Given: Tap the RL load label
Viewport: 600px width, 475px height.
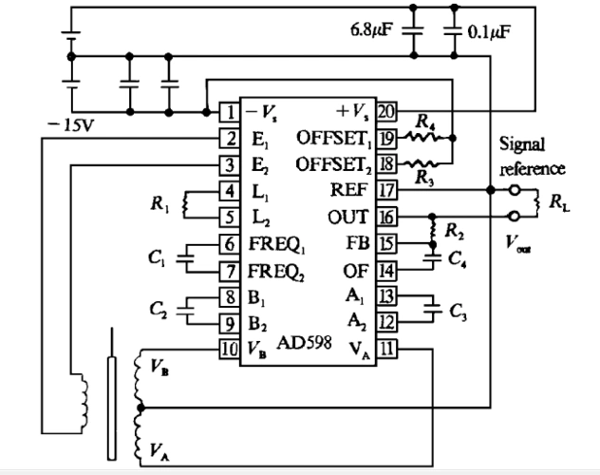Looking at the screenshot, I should click(559, 203).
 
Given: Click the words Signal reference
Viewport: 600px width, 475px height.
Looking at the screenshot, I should click(534, 156).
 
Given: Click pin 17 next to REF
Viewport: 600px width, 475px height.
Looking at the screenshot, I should click(386, 189).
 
